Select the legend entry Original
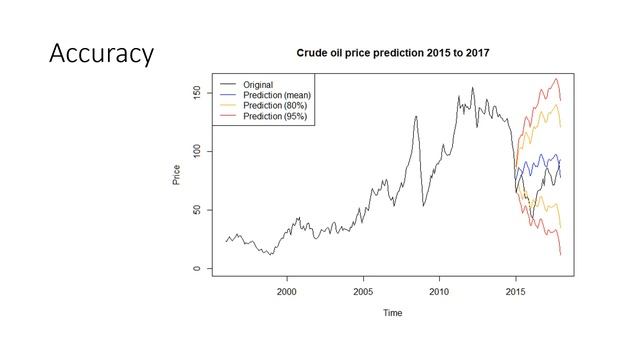coord(258,84)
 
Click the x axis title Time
coord(393,313)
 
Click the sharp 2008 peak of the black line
coord(415,117)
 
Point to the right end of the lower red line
coord(561,255)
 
